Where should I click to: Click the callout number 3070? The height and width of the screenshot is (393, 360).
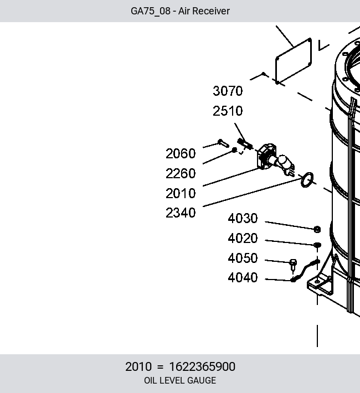228,91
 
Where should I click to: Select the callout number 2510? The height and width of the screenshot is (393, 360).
228,111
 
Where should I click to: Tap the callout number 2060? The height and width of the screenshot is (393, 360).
181,153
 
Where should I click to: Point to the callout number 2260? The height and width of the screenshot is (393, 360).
181,173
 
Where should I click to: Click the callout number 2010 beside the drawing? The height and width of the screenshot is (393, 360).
181,194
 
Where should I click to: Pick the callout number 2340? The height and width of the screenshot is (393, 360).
181,213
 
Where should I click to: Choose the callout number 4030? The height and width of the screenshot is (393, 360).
243,218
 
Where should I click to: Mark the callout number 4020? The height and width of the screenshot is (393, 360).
243,238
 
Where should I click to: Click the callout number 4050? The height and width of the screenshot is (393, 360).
243,258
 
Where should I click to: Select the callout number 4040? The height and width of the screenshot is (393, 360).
243,277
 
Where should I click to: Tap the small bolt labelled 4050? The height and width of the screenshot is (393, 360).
293,265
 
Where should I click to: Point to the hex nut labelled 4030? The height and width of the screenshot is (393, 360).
317,229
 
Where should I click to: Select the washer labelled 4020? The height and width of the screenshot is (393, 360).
317,245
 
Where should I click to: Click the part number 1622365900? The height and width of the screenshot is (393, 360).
202,366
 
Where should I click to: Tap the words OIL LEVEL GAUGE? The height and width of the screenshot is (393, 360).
180,380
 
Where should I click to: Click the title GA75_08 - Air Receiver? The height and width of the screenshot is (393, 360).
180,11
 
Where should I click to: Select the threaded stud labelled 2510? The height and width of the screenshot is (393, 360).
245,144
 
